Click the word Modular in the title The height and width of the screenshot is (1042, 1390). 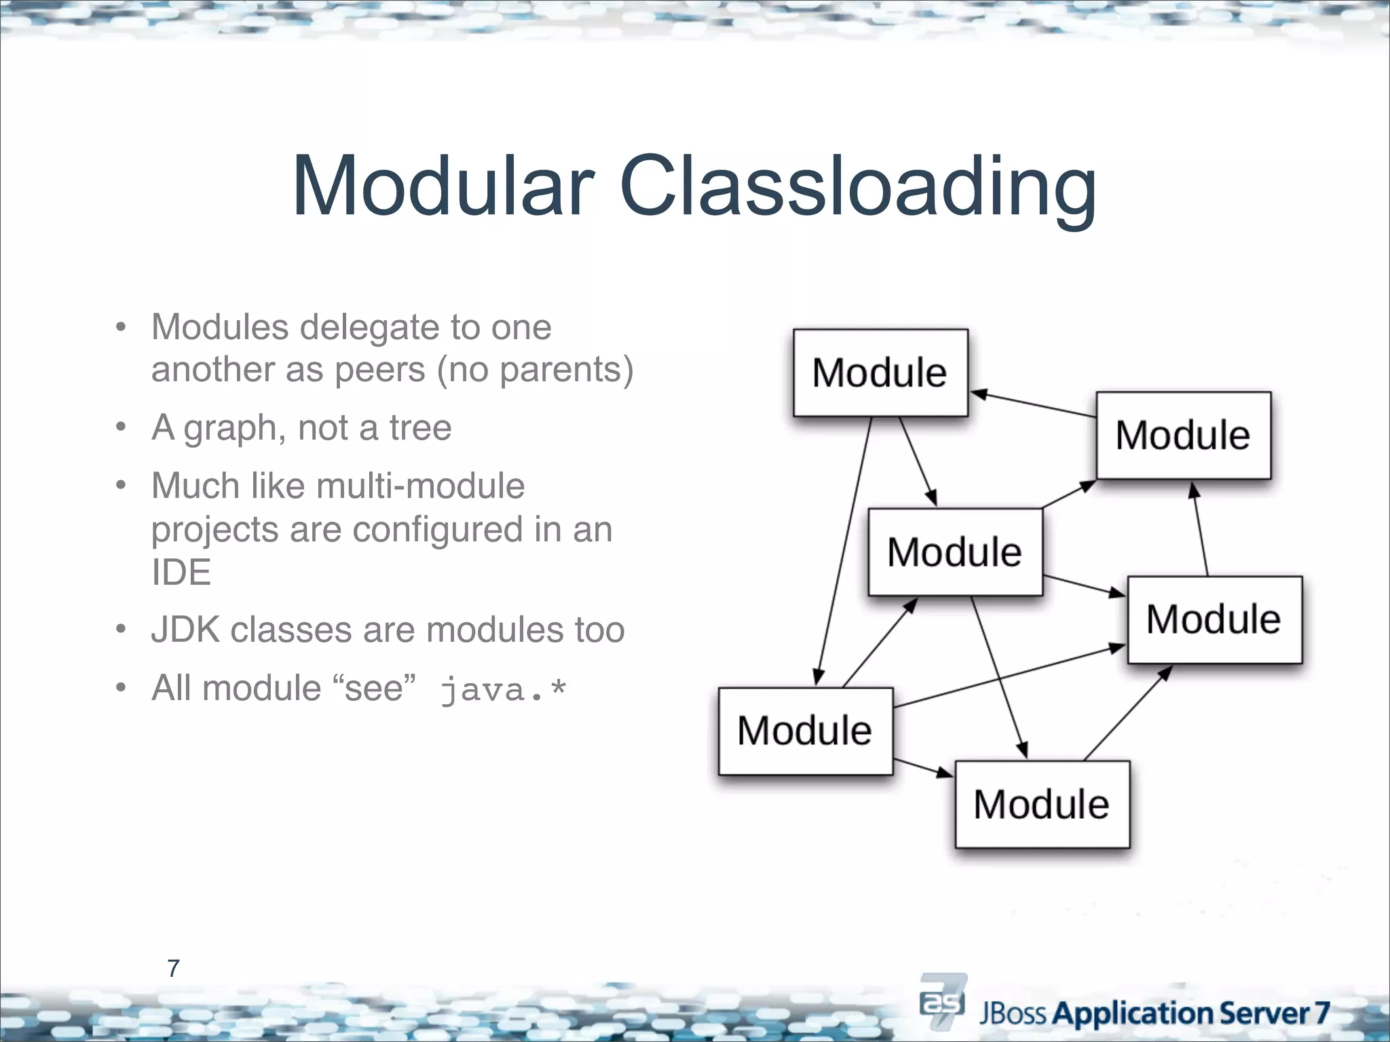pyautogui.click(x=443, y=186)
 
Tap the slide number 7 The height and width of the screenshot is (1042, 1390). pyautogui.click(x=173, y=968)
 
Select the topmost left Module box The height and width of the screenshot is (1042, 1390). pyautogui.click(x=880, y=372)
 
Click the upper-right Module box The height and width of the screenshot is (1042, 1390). pyautogui.click(x=1183, y=435)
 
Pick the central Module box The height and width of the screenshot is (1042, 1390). pyautogui.click(x=955, y=552)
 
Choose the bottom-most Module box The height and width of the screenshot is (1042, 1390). pyautogui.click(x=1042, y=804)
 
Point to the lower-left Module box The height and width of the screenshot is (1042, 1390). pyautogui.click(x=805, y=731)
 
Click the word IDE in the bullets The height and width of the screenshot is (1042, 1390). pyautogui.click(x=181, y=573)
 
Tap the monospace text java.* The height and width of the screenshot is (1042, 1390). pyautogui.click(x=503, y=690)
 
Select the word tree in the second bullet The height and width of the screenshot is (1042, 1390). pyautogui.click(x=420, y=428)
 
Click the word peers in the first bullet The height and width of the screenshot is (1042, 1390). pyautogui.click(x=380, y=370)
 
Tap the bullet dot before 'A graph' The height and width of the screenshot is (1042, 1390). pyautogui.click(x=121, y=428)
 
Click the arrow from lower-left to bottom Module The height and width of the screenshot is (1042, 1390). pyautogui.click(x=924, y=768)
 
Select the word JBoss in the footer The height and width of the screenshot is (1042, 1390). pyautogui.click(x=1014, y=1014)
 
